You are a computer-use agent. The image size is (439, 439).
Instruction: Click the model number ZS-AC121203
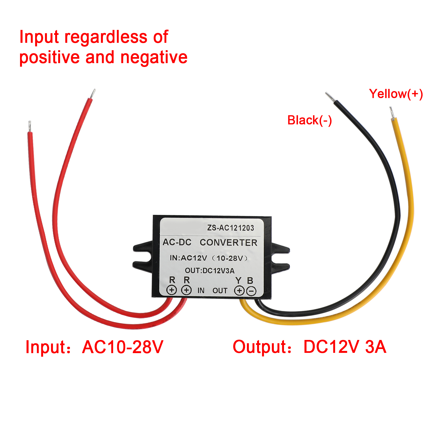click(x=230, y=228)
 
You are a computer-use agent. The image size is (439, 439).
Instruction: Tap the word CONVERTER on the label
click(x=228, y=243)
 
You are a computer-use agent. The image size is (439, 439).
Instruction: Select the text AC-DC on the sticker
click(x=177, y=242)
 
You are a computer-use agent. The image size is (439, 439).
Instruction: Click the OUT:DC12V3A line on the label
click(x=210, y=271)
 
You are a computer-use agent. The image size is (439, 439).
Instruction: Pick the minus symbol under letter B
click(x=251, y=291)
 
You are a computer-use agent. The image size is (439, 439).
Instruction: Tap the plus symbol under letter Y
click(x=239, y=291)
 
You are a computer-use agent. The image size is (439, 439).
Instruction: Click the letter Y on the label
click(x=238, y=280)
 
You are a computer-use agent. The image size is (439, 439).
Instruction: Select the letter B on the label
click(x=250, y=280)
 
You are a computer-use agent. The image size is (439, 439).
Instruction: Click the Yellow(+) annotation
click(x=396, y=94)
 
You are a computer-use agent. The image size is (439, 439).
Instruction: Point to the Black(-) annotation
click(x=309, y=120)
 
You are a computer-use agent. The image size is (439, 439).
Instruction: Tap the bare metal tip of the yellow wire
click(x=392, y=113)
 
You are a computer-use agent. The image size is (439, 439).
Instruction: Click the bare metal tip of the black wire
click(x=330, y=97)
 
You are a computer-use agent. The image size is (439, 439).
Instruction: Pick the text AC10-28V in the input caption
click(x=123, y=347)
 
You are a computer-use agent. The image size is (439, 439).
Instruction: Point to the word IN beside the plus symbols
click(x=201, y=291)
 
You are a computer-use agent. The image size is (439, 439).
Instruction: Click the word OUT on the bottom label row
click(x=220, y=291)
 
